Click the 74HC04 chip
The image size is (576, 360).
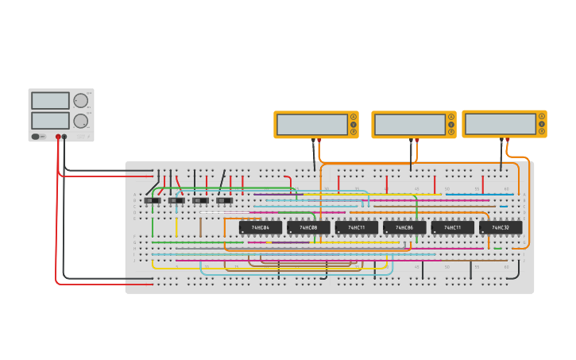[260, 227]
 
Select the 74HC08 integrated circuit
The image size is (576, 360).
[308, 227]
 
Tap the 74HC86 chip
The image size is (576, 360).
[404, 227]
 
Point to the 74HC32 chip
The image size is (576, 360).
[501, 227]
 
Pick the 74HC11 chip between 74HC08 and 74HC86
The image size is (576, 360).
[357, 227]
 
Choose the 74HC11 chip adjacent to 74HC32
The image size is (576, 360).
[453, 227]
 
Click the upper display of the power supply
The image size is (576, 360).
[51, 101]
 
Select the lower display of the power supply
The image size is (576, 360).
[51, 120]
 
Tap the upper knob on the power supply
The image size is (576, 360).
[80, 101]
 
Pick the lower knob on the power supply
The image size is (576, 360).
[80, 121]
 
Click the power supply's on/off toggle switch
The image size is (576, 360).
[36, 137]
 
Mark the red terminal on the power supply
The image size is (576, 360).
[58, 137]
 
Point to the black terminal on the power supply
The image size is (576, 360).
[65, 137]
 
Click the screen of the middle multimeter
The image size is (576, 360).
[409, 125]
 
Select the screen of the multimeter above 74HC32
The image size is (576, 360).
[501, 124]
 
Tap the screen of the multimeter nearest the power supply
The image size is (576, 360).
[311, 125]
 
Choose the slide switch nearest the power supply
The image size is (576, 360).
[152, 200]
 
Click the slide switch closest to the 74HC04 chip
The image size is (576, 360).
[225, 200]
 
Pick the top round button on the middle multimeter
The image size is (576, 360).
[451, 117]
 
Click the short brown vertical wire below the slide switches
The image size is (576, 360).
[201, 227]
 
